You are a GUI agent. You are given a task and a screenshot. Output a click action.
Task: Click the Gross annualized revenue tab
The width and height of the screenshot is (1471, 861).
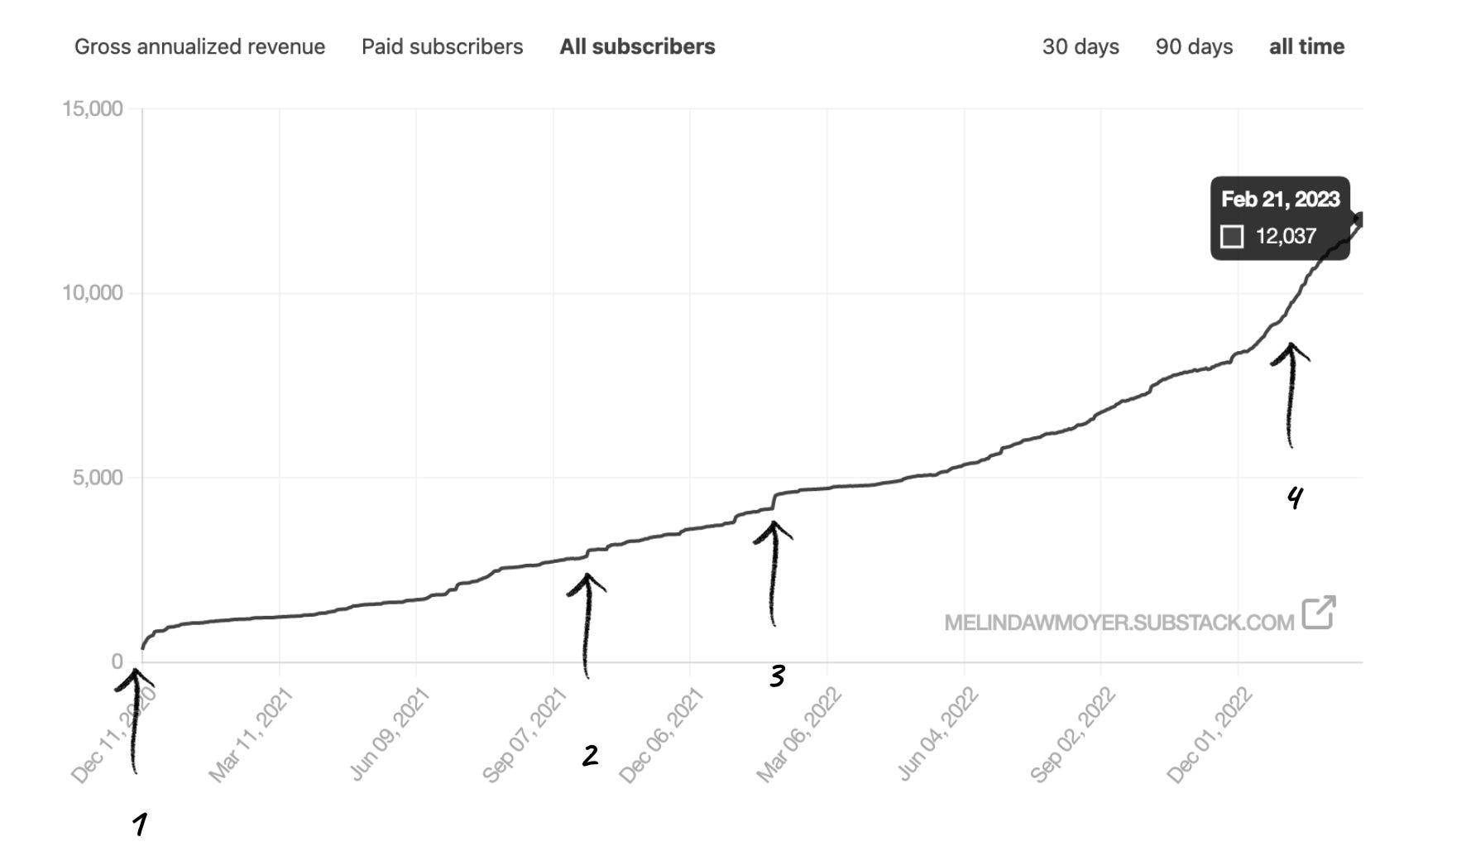199,46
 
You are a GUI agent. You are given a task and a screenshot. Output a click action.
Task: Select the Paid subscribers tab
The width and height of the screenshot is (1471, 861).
442,46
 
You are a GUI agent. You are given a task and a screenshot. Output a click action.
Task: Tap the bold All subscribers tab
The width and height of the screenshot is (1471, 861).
637,46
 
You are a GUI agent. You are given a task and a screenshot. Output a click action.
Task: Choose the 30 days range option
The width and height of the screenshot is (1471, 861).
1080,46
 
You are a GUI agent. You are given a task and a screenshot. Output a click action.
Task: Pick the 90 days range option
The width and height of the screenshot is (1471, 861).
1194,46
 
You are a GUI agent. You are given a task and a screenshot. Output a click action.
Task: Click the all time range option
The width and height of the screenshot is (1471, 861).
1306,46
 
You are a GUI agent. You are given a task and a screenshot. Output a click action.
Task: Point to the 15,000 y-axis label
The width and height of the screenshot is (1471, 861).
93,108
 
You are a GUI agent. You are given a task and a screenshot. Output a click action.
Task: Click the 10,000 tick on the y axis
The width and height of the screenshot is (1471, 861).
93,293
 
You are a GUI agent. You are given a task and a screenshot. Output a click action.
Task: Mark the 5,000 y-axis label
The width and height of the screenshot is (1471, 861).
98,478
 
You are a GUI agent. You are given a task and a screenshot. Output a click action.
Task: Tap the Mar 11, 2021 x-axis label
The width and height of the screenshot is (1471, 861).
250,735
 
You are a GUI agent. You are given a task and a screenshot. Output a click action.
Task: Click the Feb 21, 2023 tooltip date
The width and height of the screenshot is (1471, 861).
1280,200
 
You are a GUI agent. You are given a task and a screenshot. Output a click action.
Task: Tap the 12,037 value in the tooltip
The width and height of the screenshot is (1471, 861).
1286,237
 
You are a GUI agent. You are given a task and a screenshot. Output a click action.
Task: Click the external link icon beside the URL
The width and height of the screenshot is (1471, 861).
1319,613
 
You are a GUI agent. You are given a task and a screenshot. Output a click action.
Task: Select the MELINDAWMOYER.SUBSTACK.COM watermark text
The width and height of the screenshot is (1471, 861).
1119,623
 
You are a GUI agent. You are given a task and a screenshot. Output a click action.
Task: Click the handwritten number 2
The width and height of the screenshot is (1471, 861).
590,755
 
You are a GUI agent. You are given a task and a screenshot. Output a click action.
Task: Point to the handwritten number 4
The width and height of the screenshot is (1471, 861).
1295,497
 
